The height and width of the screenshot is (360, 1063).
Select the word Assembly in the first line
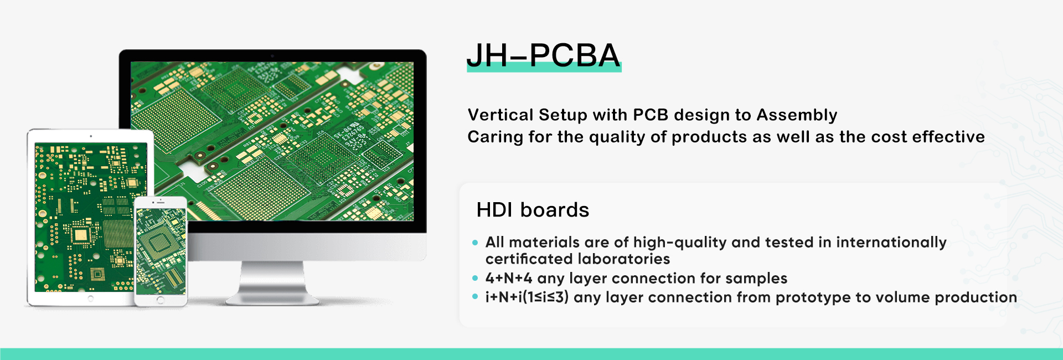click(x=797, y=115)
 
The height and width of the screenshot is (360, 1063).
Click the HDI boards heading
click(x=533, y=210)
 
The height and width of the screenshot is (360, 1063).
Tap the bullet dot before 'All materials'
click(x=475, y=243)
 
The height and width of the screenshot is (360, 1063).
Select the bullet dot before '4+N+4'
click(x=475, y=278)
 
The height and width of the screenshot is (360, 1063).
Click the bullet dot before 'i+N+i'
click(x=475, y=297)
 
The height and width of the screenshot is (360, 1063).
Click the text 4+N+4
click(x=508, y=278)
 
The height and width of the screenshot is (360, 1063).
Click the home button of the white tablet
click(x=91, y=299)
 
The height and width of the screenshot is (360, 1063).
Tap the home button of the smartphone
click(x=161, y=300)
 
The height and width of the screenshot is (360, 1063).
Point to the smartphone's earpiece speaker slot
click(x=161, y=202)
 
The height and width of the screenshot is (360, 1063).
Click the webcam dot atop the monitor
click(x=272, y=55)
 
